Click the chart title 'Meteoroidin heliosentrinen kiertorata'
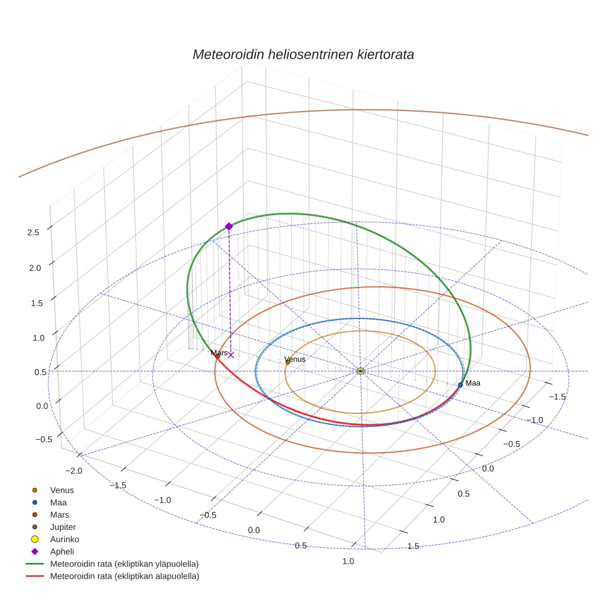pos(303,54)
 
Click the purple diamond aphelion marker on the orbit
pos(229,226)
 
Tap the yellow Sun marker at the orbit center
pos(361,371)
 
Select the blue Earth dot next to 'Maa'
pos(460,385)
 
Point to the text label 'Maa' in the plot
pos(473,383)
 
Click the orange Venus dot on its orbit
pos(287,362)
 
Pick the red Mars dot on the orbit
pos(218,356)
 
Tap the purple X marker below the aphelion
pos(231,355)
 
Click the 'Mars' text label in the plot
pos(219,353)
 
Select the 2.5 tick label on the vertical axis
pos(33,233)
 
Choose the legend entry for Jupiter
pos(62,527)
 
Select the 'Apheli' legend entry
pos(62,551)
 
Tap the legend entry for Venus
pos(62,490)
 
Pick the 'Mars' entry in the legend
pos(59,514)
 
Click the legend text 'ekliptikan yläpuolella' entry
pos(124,564)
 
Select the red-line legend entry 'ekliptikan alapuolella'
pos(124,576)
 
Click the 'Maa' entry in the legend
pos(59,502)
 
